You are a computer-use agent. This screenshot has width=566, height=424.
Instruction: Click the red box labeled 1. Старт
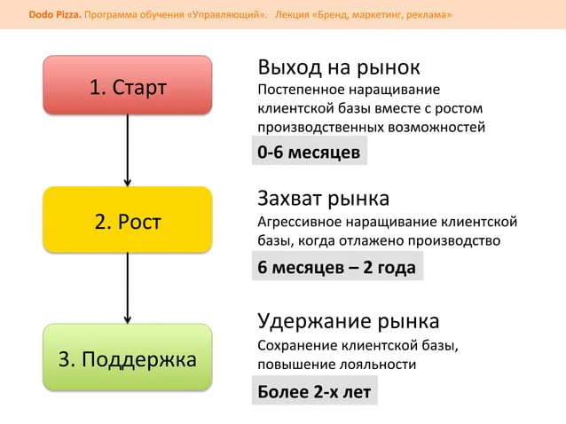click(128, 85)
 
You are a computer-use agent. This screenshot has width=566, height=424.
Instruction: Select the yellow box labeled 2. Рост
click(128, 220)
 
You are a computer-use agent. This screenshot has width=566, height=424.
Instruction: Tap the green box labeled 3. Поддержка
click(128, 357)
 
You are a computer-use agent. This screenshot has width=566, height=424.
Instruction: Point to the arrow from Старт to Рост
click(128, 151)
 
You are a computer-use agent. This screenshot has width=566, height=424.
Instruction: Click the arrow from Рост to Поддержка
click(128, 288)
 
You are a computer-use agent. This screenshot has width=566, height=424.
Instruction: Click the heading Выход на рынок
click(339, 67)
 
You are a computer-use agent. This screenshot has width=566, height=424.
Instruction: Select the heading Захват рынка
click(324, 200)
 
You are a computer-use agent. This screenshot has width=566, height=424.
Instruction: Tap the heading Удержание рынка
click(349, 322)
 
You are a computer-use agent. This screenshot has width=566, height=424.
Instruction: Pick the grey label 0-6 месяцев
click(310, 151)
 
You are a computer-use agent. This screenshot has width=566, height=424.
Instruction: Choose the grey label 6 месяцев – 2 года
click(337, 266)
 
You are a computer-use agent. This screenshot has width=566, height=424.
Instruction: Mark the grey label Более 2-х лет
click(315, 390)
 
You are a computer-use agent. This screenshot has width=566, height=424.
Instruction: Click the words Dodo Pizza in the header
click(55, 15)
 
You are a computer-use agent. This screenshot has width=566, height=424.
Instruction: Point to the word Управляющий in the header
click(227, 15)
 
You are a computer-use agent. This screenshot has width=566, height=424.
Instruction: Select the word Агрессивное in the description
click(300, 222)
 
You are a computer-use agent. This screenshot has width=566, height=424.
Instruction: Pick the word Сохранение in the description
click(297, 346)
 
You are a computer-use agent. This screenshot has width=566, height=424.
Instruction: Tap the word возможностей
click(436, 128)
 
